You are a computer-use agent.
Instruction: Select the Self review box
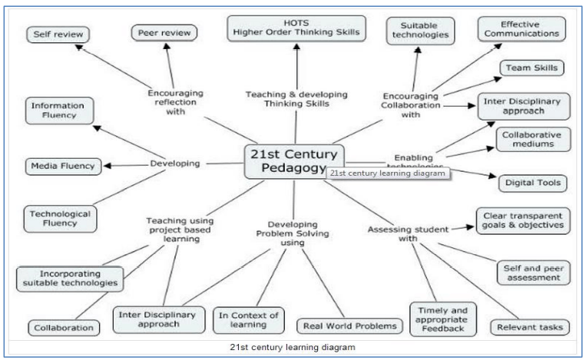[x=58, y=35]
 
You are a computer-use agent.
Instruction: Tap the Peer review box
[x=163, y=33]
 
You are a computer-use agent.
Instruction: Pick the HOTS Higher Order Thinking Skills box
[x=296, y=28]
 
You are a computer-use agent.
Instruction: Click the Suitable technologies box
[x=419, y=31]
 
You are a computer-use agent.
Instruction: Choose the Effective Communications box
[x=521, y=29]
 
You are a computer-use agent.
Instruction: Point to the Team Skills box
[x=531, y=68]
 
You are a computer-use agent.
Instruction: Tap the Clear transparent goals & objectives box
[x=523, y=220]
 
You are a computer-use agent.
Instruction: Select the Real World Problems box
[x=349, y=326]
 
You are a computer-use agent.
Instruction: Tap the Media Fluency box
[x=61, y=166]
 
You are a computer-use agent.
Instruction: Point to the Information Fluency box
[x=59, y=111]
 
